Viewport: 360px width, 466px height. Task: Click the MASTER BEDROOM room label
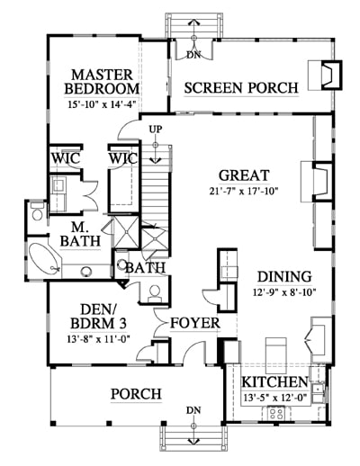[x=102, y=82]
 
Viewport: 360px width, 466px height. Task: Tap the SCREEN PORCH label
[x=241, y=88]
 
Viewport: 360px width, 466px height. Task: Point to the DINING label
[x=284, y=276]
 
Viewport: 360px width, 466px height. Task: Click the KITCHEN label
[x=274, y=382]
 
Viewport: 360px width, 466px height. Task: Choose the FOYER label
[x=195, y=323]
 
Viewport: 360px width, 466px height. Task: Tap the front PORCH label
[x=137, y=394]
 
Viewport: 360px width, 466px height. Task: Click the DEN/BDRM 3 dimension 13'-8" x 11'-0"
[x=98, y=339]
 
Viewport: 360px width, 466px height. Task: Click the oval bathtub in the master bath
[x=44, y=258]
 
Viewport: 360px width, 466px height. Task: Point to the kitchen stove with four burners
[x=276, y=413]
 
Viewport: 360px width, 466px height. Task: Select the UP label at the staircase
[x=156, y=130]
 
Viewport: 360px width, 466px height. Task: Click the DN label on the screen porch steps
[x=193, y=55]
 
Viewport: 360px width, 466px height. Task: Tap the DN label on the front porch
[x=193, y=410]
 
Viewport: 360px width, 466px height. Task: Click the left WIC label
[x=66, y=158]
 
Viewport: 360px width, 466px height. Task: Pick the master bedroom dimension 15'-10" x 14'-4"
[x=103, y=105]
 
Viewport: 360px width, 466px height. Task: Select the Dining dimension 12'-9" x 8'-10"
[x=284, y=292]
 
